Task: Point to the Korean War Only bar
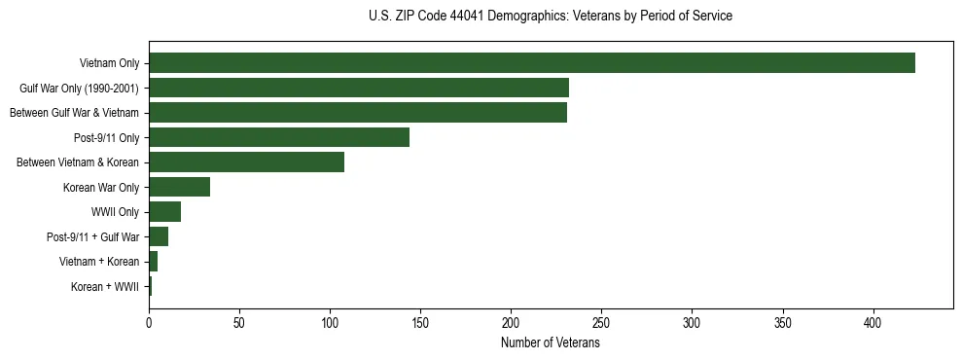179,187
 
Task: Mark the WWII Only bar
164,212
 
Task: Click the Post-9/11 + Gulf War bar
159,236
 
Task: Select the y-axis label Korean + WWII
105,287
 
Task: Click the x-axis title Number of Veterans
551,343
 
